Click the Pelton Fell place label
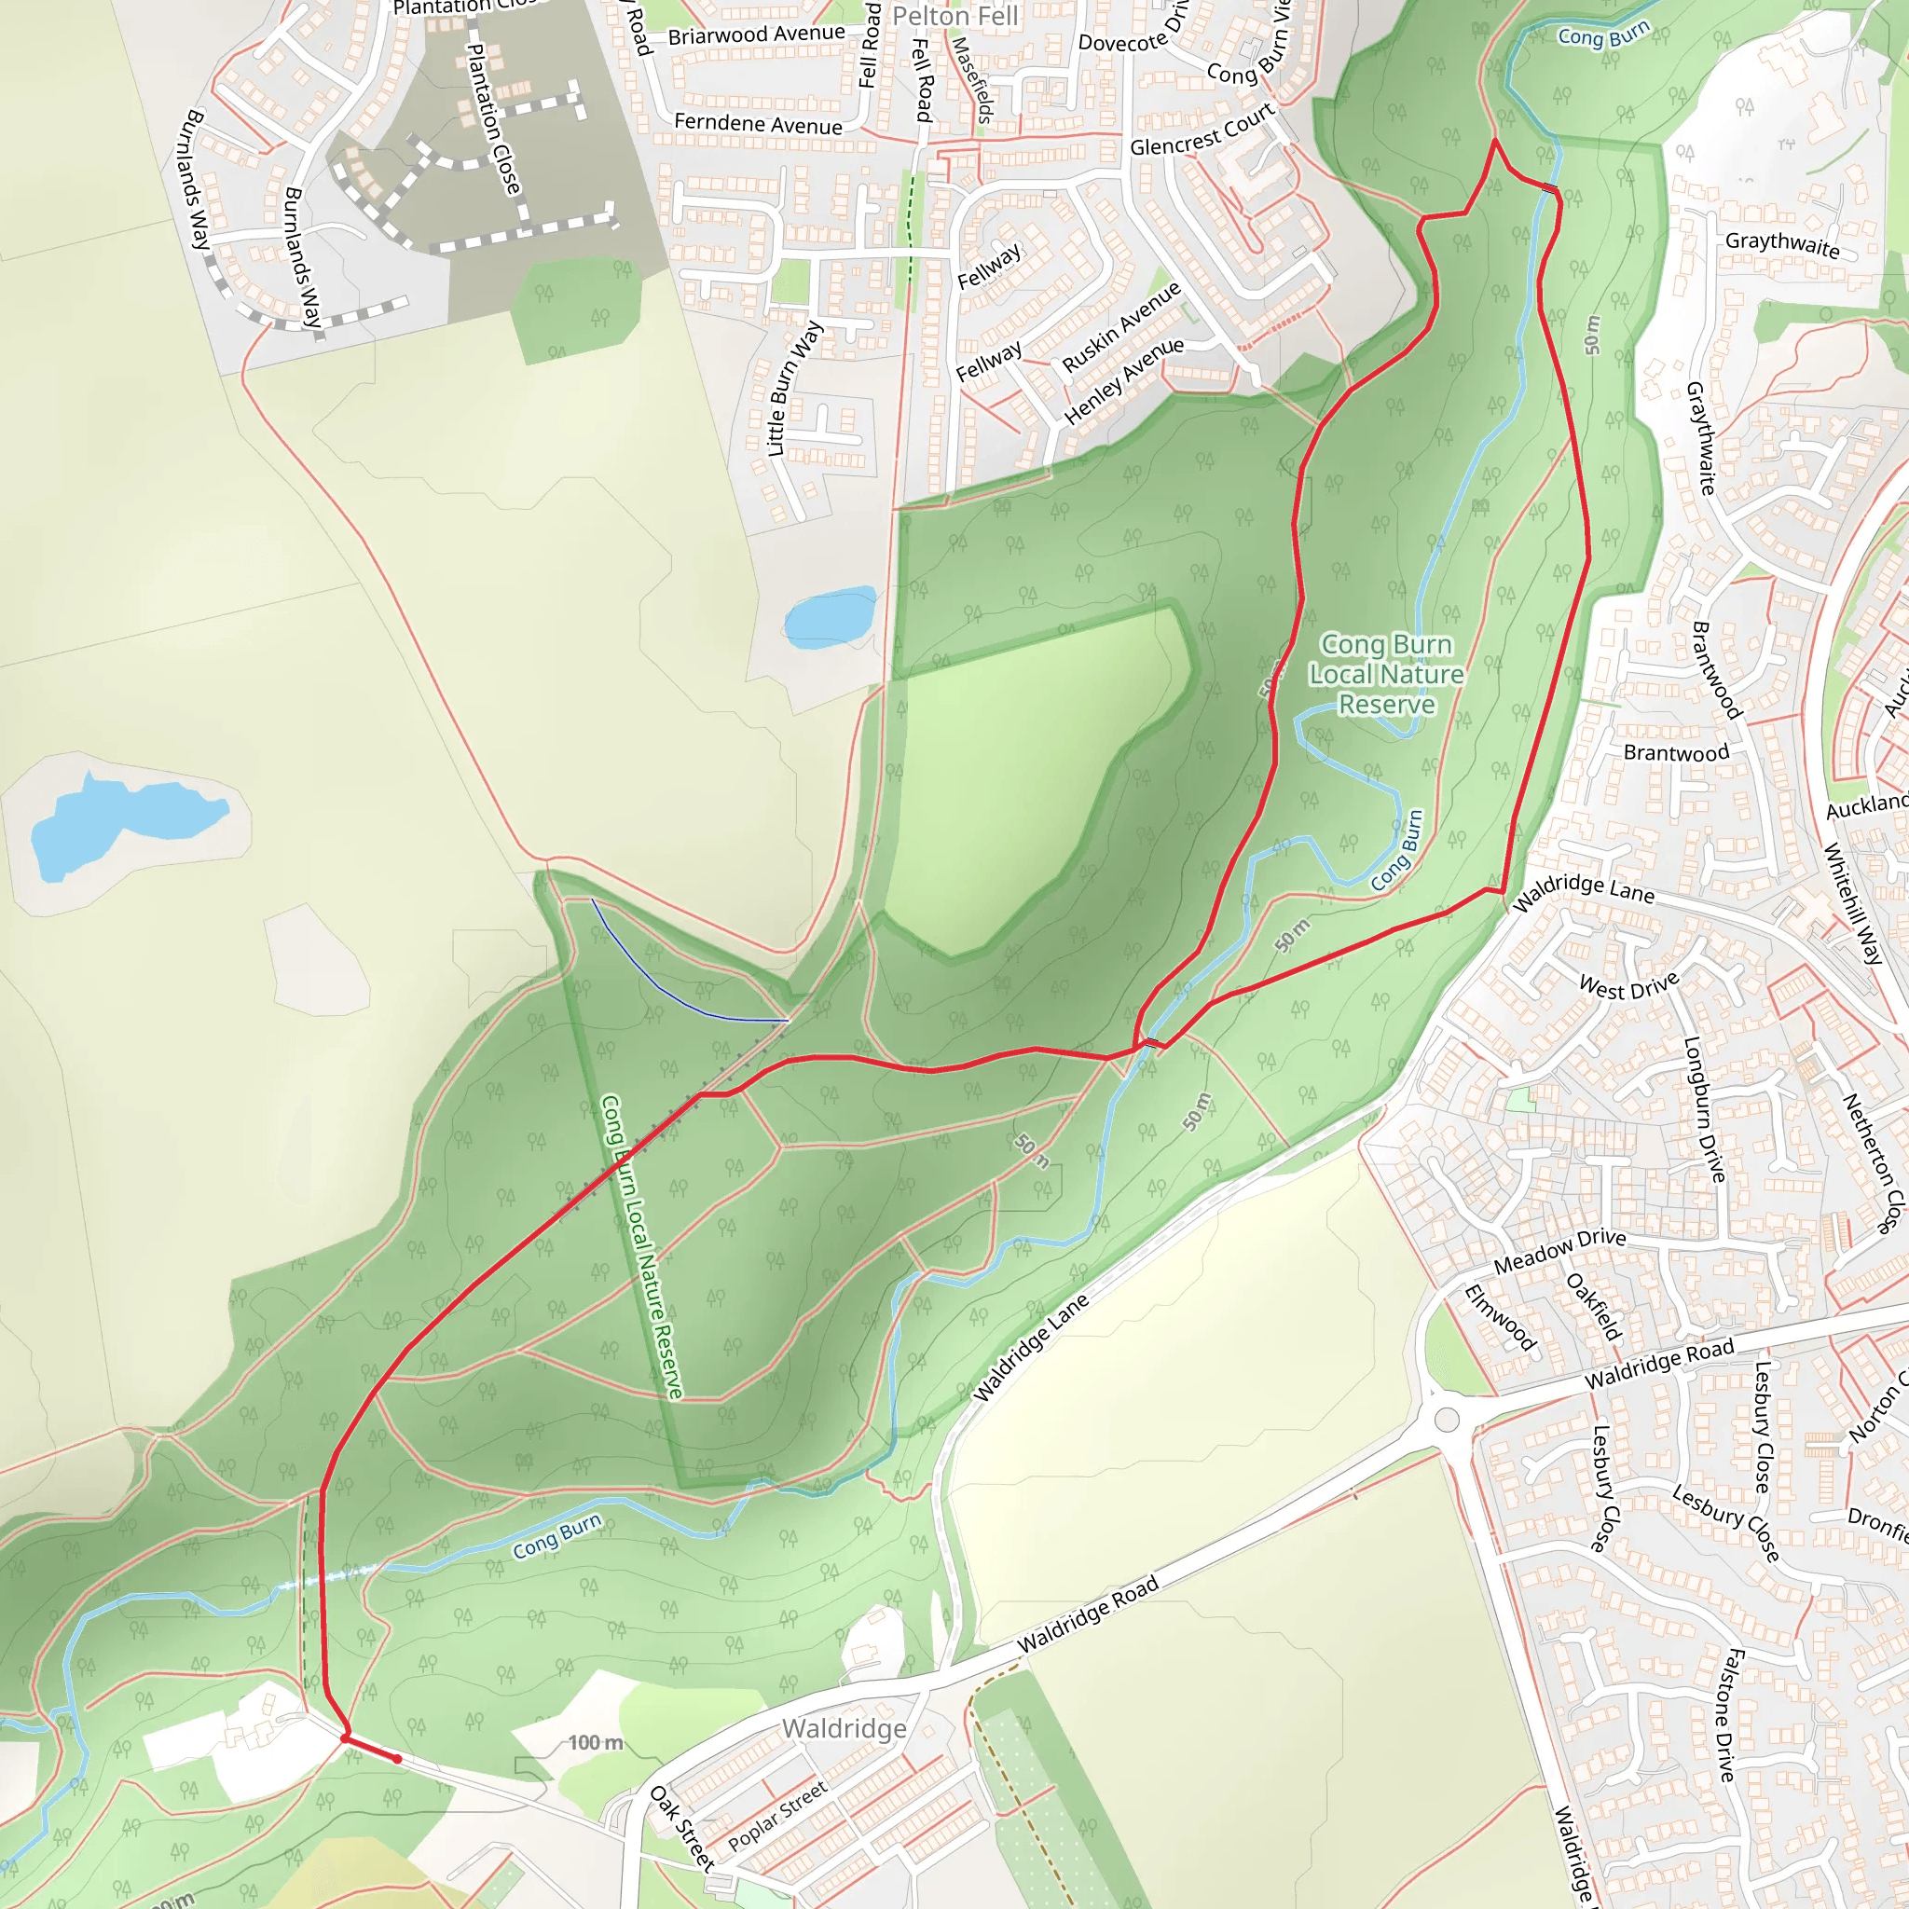pos(954,17)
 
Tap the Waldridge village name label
pos(844,1728)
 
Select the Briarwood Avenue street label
pos(757,34)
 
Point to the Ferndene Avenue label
pos(758,125)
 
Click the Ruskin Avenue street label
pos(1121,327)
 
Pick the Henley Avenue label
pos(1123,380)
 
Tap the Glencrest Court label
pos(1202,131)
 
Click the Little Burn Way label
pos(794,389)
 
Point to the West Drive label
pos(1628,986)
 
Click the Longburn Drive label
pos(1705,1108)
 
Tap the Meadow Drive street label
pos(1559,1251)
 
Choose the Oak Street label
pos(681,1828)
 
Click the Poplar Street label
pos(776,1817)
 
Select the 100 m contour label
pos(595,1742)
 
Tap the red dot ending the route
pos(397,1759)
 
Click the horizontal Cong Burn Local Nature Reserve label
pos(1386,674)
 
